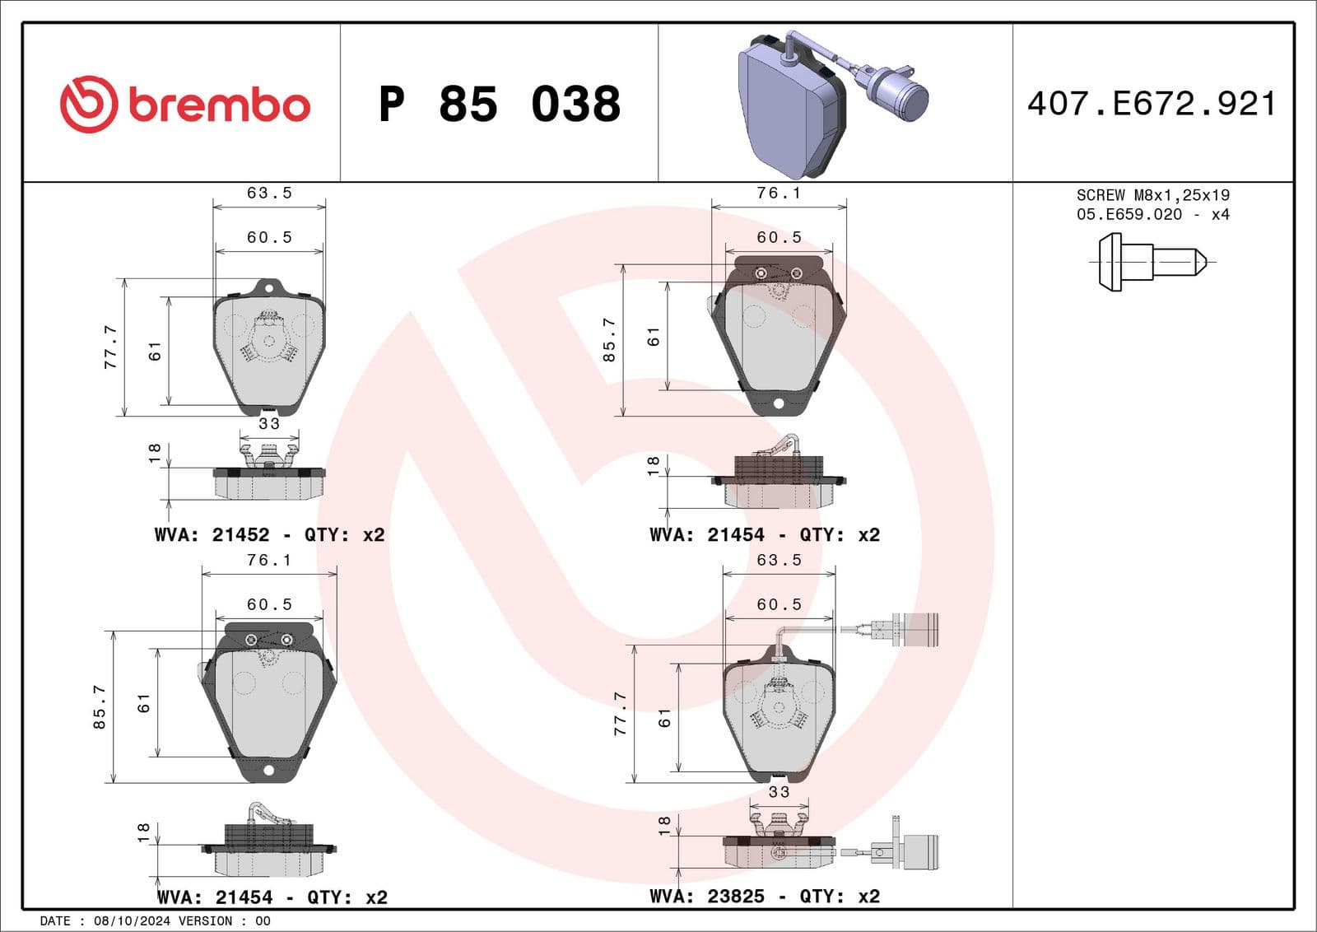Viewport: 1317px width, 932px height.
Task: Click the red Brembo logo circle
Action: click(89, 105)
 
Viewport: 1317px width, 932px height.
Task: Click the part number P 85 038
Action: click(499, 105)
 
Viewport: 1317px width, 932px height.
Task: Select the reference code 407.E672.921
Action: click(1152, 105)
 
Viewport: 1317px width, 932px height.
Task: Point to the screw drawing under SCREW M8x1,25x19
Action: click(1152, 262)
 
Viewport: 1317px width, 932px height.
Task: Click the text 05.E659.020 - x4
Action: click(1152, 215)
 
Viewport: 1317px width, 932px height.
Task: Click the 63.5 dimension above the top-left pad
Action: click(269, 193)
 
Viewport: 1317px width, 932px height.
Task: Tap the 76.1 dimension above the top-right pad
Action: click(779, 193)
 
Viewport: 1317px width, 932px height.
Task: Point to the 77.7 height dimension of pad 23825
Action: click(621, 713)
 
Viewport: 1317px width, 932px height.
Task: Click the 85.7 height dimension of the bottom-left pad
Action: click(100, 706)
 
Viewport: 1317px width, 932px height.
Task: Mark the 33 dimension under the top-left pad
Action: click(269, 424)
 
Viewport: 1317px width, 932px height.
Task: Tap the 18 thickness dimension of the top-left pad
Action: click(155, 454)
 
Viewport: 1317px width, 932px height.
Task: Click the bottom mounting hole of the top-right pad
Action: click(779, 403)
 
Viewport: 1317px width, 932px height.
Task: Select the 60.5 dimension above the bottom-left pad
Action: click(269, 605)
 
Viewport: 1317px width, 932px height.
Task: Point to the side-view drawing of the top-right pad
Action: click(779, 482)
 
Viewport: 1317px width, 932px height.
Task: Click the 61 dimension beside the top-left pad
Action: click(155, 352)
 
